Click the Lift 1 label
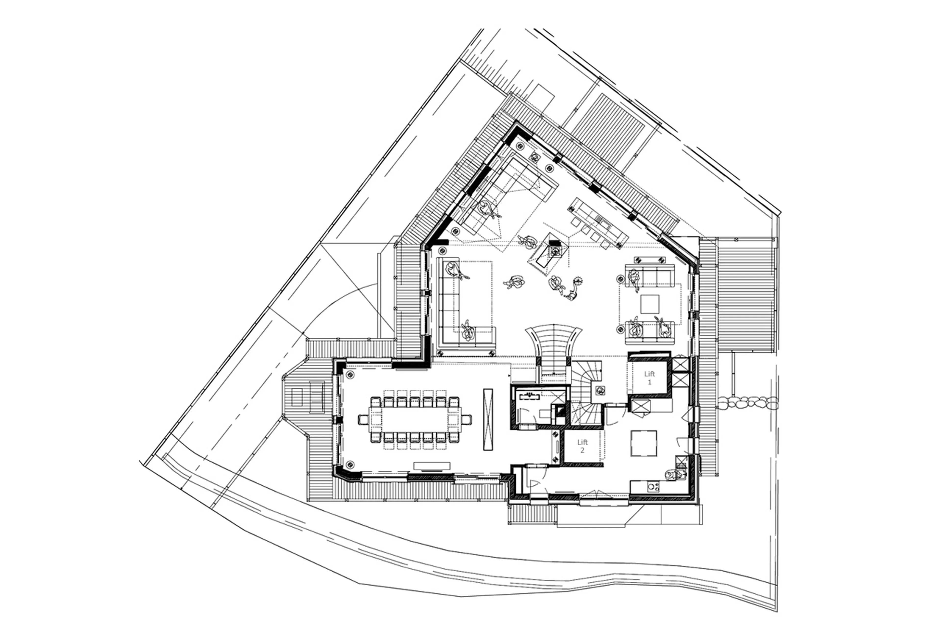point(649,378)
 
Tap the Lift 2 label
point(582,446)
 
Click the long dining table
point(415,419)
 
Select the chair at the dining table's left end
point(363,419)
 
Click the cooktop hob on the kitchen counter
point(653,486)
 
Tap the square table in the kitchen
point(644,443)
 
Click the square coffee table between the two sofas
point(649,304)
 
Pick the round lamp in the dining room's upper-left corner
point(350,375)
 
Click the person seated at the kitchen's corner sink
point(670,475)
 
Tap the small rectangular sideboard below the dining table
point(432,466)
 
